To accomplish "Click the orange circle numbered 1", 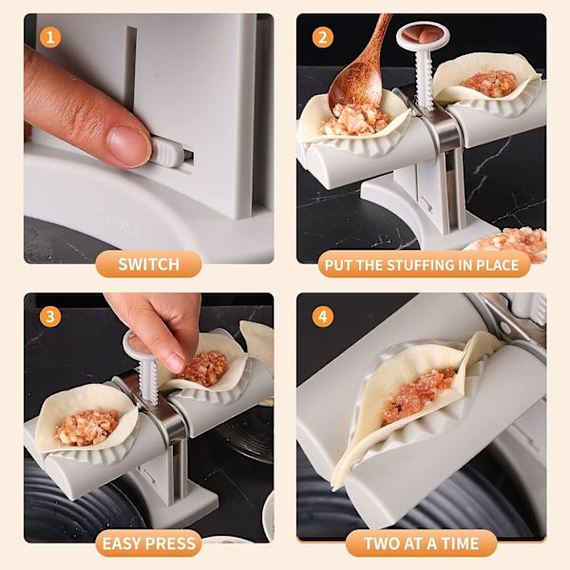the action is [50, 37].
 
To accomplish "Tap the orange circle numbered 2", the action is [323, 37].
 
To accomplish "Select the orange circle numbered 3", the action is [50, 316].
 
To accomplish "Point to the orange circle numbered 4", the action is [323, 316].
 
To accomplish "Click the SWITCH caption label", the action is [149, 264].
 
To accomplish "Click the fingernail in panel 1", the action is [128, 144].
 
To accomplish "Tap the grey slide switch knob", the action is [167, 154].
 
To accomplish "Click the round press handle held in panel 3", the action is [136, 343].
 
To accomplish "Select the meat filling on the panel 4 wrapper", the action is [418, 394].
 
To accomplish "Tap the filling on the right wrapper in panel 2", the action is [489, 84].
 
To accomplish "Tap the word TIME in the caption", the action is [461, 543].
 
